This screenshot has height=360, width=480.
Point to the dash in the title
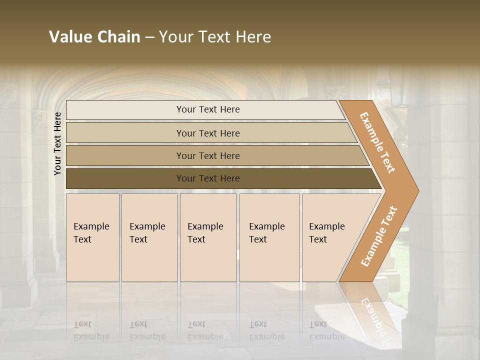click(149, 37)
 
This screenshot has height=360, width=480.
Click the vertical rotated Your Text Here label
click(57, 143)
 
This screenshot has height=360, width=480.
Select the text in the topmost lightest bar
click(208, 109)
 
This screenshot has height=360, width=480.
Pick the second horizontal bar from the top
click(208, 133)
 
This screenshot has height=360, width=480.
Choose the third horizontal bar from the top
click(208, 155)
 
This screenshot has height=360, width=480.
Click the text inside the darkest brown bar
click(208, 178)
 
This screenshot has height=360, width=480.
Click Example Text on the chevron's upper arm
click(377, 142)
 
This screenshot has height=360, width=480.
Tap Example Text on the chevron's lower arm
click(379, 236)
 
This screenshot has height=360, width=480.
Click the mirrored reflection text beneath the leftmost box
click(91, 330)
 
